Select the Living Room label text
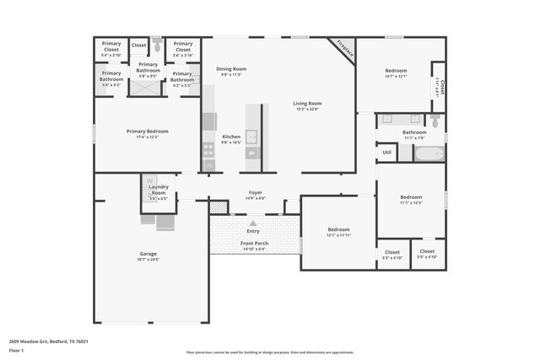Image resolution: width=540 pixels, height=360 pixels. pyautogui.click(x=308, y=104)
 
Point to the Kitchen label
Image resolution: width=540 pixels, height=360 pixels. pyautogui.click(x=231, y=137)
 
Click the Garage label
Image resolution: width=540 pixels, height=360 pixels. pyautogui.click(x=148, y=253)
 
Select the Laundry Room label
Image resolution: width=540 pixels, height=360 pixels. pyautogui.click(x=158, y=189)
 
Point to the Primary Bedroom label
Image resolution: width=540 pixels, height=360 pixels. pyautogui.click(x=148, y=131)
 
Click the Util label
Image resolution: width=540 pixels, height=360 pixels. pyautogui.click(x=386, y=153)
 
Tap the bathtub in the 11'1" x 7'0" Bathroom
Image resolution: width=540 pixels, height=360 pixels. pyautogui.click(x=427, y=153)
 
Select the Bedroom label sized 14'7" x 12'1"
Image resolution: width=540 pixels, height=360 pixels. pyautogui.click(x=396, y=71)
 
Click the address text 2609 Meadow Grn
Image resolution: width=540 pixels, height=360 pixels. pyautogui.click(x=49, y=341)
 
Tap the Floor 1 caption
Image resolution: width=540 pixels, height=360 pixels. pyautogui.click(x=17, y=349)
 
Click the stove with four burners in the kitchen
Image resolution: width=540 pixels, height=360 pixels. pyautogui.click(x=208, y=150)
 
